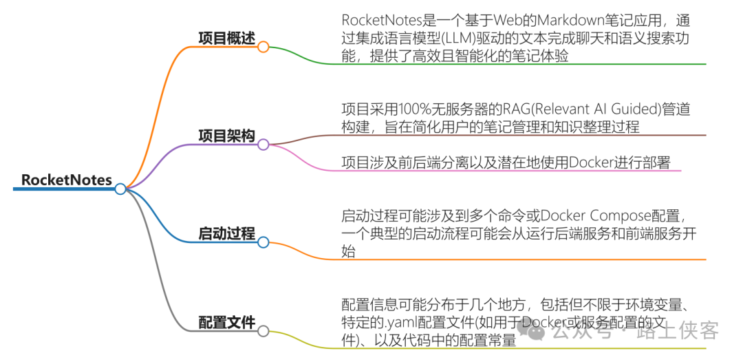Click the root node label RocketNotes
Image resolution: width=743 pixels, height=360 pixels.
point(66,180)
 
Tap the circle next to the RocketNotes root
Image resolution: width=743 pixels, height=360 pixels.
point(120,189)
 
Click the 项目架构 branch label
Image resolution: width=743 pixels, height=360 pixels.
point(226,136)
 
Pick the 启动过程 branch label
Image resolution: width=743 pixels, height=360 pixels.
point(226,234)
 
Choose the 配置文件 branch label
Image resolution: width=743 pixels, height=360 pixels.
point(226,322)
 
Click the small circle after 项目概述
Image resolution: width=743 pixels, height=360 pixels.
point(263,47)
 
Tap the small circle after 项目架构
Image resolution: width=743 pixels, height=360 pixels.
point(263,144)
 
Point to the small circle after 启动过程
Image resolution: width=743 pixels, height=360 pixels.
point(263,242)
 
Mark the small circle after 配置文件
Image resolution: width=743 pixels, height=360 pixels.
point(263,331)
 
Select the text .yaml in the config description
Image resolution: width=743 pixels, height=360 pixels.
point(400,321)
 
